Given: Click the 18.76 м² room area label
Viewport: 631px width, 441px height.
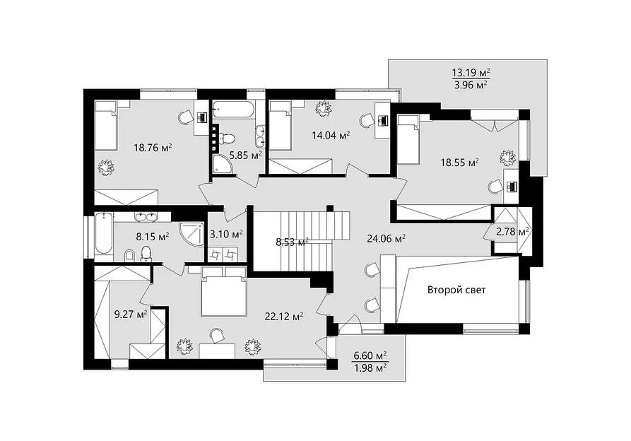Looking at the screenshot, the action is tap(153, 148).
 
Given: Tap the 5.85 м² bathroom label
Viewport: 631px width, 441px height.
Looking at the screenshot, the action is tap(246, 155).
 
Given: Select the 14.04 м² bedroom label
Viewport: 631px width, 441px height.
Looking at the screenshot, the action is tap(331, 135).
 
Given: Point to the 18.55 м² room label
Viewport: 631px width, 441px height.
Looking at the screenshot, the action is tap(459, 163).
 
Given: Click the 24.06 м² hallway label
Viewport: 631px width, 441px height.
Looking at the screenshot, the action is tap(386, 239).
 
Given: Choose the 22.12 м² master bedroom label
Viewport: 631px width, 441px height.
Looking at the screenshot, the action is tap(284, 317).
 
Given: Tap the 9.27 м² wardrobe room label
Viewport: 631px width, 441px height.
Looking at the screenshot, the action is tap(131, 314).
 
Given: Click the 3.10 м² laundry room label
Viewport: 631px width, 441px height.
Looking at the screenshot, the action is tap(227, 234).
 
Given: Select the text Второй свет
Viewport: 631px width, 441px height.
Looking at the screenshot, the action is tap(456, 290).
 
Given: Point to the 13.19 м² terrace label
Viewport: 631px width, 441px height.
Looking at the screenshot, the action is tap(471, 73).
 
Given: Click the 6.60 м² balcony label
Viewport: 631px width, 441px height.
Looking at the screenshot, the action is tap(370, 355).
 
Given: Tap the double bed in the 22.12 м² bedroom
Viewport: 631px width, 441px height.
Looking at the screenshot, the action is tap(224, 290).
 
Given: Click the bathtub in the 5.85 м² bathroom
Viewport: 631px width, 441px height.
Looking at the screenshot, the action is tap(234, 110).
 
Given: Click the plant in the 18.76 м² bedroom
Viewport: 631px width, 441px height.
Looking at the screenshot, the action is tap(106, 167).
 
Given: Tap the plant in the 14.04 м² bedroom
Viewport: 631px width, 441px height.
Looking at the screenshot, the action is tap(323, 109).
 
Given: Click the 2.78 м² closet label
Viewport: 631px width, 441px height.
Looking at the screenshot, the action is tap(512, 233).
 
